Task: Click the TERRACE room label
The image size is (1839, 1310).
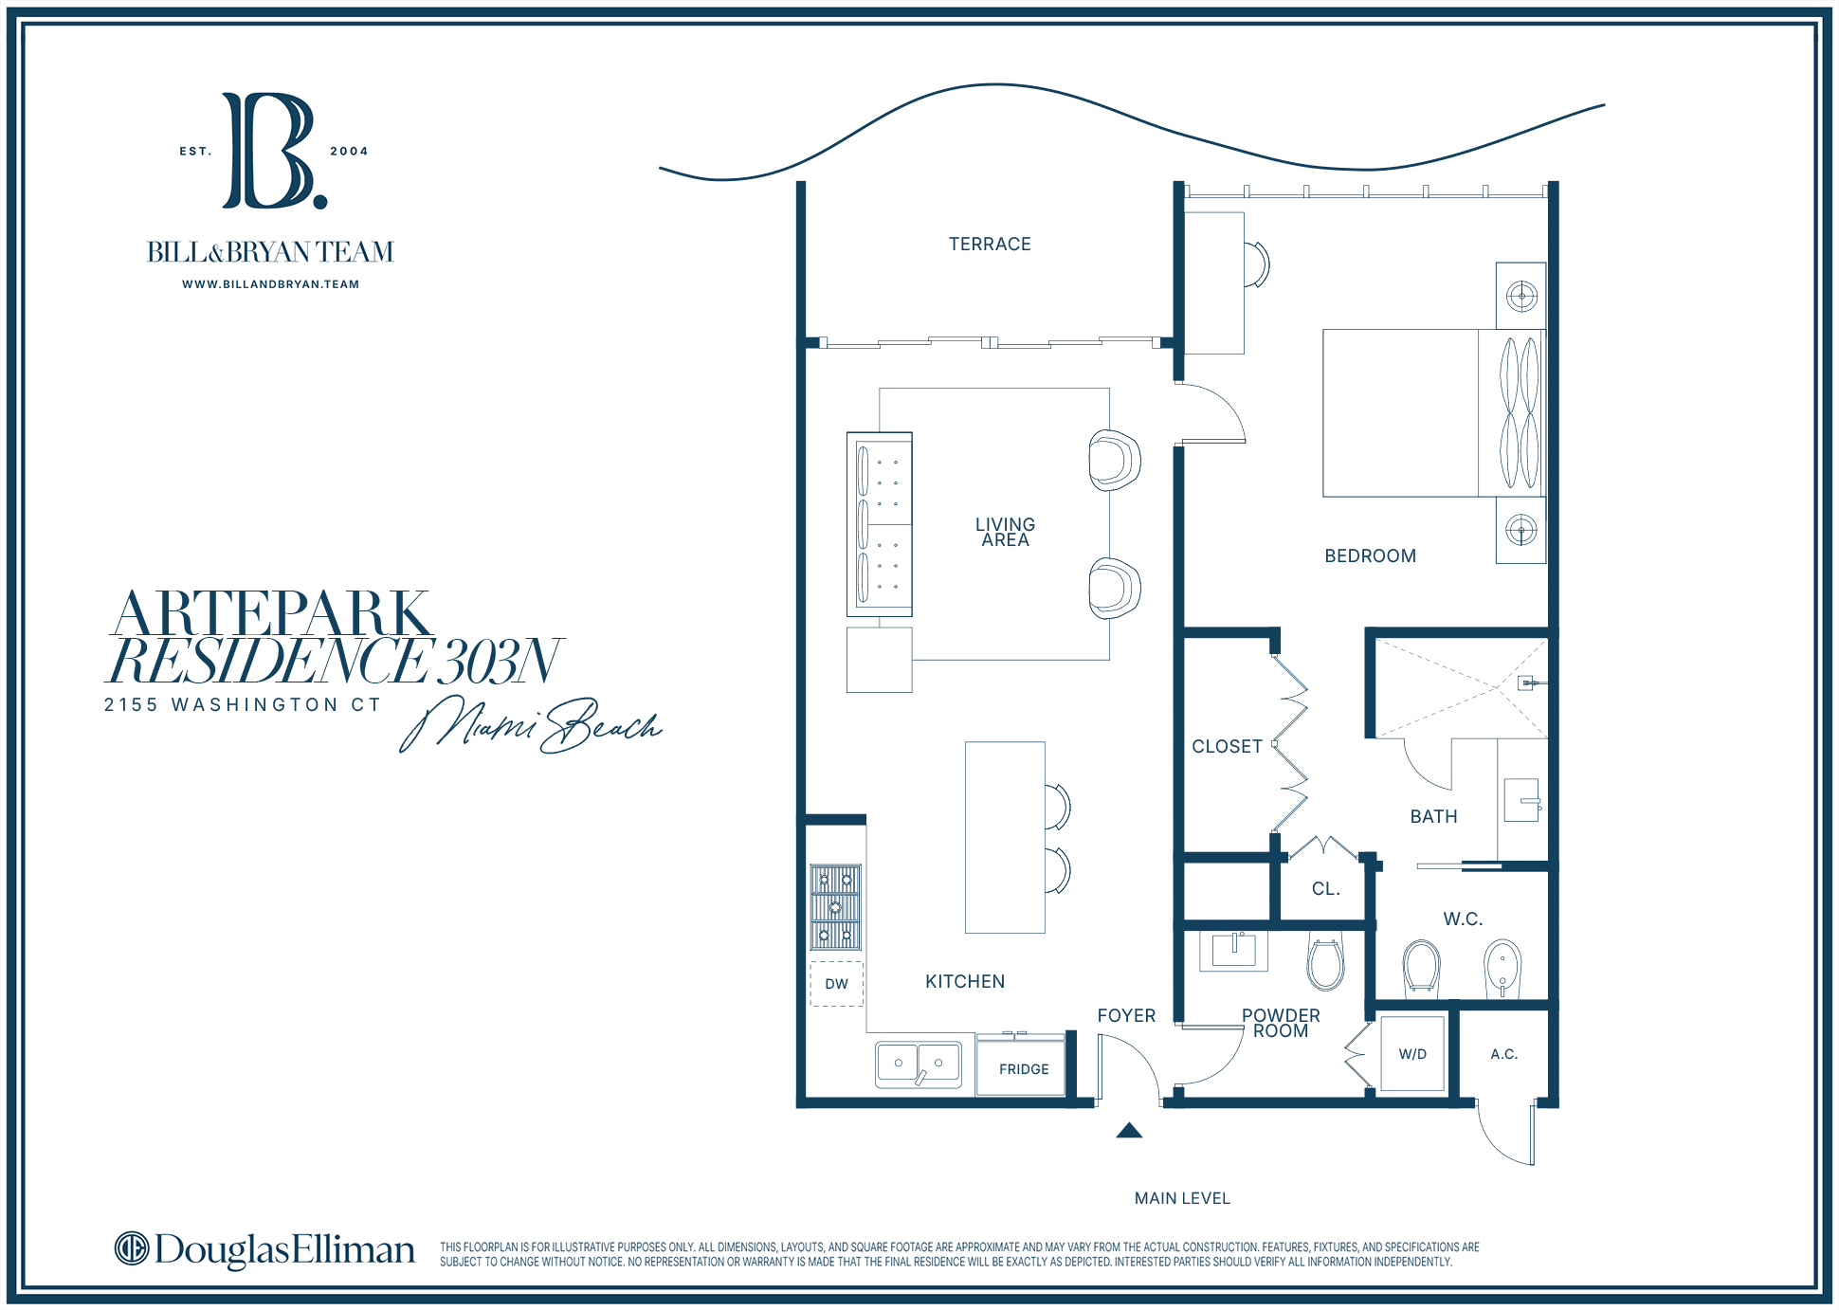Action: (x=990, y=245)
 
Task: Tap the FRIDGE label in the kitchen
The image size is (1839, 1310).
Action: (x=1024, y=1069)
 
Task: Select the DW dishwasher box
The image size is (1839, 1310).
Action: (x=837, y=984)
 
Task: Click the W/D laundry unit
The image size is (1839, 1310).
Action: (x=1412, y=1054)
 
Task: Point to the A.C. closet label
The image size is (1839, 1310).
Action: (x=1504, y=1054)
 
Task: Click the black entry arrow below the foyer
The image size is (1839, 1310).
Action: (x=1129, y=1130)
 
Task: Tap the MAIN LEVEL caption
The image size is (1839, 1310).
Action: (x=1182, y=1199)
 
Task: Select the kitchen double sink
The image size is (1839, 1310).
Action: (x=919, y=1064)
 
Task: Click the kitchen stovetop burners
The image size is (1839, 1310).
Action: (x=835, y=907)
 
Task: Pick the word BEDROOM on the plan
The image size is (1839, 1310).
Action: (x=1370, y=556)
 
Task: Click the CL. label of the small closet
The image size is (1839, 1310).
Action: (x=1325, y=889)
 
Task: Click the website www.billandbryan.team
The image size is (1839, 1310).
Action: (x=271, y=284)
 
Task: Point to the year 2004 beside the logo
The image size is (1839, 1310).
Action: (x=349, y=152)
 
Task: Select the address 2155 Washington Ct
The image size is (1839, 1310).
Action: (x=243, y=705)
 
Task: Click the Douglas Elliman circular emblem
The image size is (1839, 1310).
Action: (x=132, y=1248)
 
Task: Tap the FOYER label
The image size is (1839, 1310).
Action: (x=1126, y=1016)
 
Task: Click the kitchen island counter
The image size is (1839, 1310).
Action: (x=1005, y=838)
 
